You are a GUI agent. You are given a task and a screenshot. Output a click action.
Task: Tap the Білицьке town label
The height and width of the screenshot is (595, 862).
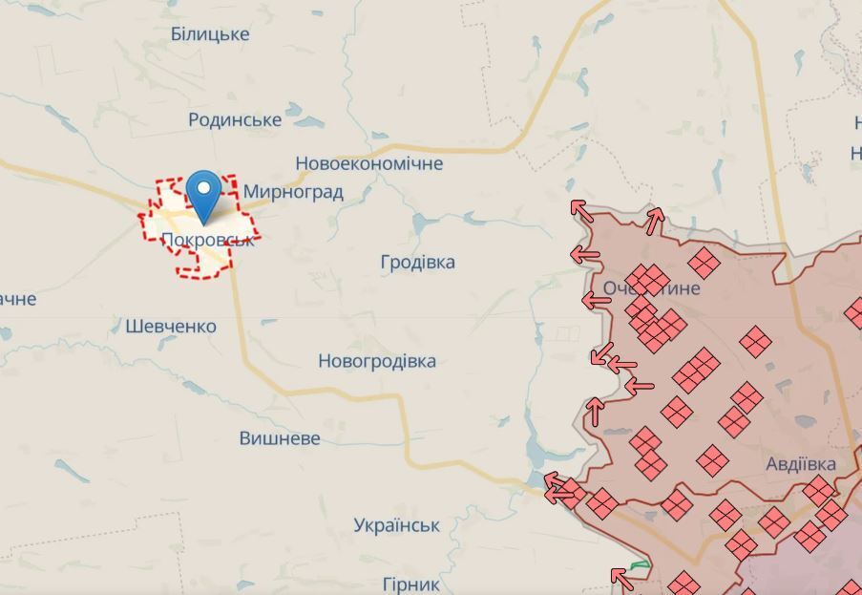pos(210,34)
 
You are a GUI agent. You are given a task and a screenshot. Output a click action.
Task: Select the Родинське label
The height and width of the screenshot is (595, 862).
pos(235,119)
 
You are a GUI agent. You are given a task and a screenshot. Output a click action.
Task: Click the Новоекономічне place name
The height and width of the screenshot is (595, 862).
pos(368,163)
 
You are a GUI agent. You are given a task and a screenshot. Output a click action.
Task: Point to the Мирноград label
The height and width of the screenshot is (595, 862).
pos(293,191)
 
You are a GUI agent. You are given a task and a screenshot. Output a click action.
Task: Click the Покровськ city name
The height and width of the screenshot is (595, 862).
pos(208,240)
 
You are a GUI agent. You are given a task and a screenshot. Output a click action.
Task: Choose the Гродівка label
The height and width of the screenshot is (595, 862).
pos(417,262)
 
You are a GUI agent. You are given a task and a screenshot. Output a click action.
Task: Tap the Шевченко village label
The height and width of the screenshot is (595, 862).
pos(171,326)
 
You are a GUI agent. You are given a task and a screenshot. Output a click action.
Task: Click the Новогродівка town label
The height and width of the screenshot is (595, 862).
pos(377,361)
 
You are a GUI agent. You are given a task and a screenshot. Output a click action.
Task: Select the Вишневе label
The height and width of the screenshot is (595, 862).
pos(280,438)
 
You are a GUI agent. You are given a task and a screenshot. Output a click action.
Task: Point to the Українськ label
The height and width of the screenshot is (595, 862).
pos(396,525)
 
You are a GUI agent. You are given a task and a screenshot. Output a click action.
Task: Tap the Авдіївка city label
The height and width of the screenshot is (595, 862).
pos(801,464)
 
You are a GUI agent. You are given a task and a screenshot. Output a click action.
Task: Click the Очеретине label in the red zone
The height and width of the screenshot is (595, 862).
pos(651,287)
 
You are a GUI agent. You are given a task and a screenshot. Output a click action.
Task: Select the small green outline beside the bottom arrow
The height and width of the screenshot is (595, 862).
pos(639,565)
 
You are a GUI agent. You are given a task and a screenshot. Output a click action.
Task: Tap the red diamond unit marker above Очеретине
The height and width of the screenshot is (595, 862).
pos(704,263)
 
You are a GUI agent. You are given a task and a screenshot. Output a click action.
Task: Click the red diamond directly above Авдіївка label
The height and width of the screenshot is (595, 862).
pos(712,460)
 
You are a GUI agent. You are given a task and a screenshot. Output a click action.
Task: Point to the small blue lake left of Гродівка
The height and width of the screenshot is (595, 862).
pos(421,223)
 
